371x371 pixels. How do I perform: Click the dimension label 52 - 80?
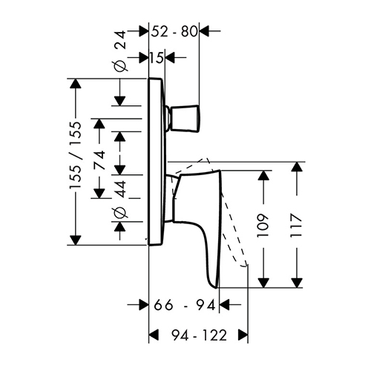[174, 32]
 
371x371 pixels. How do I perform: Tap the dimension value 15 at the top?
[157, 58]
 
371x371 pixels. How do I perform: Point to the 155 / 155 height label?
[76, 155]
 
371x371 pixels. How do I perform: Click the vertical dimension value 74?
[100, 160]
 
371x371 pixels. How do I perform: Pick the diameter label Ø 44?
[122, 200]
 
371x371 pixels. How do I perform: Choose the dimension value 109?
[263, 225]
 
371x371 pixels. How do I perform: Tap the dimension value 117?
[296, 225]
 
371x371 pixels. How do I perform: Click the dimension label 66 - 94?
[185, 306]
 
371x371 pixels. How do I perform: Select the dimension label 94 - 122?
[199, 335]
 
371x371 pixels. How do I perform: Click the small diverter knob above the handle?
[183, 119]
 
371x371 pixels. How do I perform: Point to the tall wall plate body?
[157, 162]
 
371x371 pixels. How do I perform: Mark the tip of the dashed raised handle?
[246, 266]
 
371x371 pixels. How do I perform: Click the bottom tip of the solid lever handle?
[216, 288]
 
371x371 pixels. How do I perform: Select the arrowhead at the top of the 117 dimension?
[296, 167]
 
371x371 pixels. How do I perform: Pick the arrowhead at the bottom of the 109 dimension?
[263, 283]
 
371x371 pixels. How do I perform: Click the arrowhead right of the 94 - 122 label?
[243, 335]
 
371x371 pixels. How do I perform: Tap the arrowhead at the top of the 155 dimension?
[76, 84]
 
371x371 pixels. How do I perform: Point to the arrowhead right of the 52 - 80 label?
[204, 31]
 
